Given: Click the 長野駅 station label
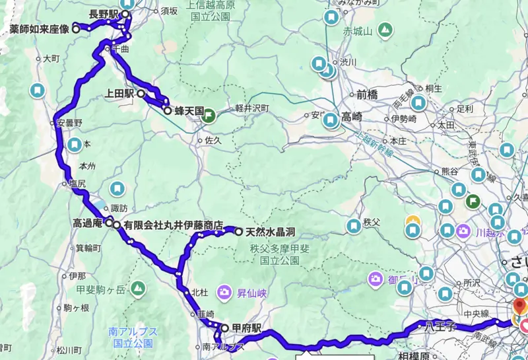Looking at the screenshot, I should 104,13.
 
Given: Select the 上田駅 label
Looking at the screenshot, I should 119,94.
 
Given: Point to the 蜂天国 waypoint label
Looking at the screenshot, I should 188,112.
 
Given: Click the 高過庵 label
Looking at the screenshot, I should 87,223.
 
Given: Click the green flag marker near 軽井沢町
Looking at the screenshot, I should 209,114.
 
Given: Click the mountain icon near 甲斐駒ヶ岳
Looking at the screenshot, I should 138,288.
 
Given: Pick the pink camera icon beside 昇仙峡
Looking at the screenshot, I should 225,291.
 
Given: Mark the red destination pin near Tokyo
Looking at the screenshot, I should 519,306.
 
